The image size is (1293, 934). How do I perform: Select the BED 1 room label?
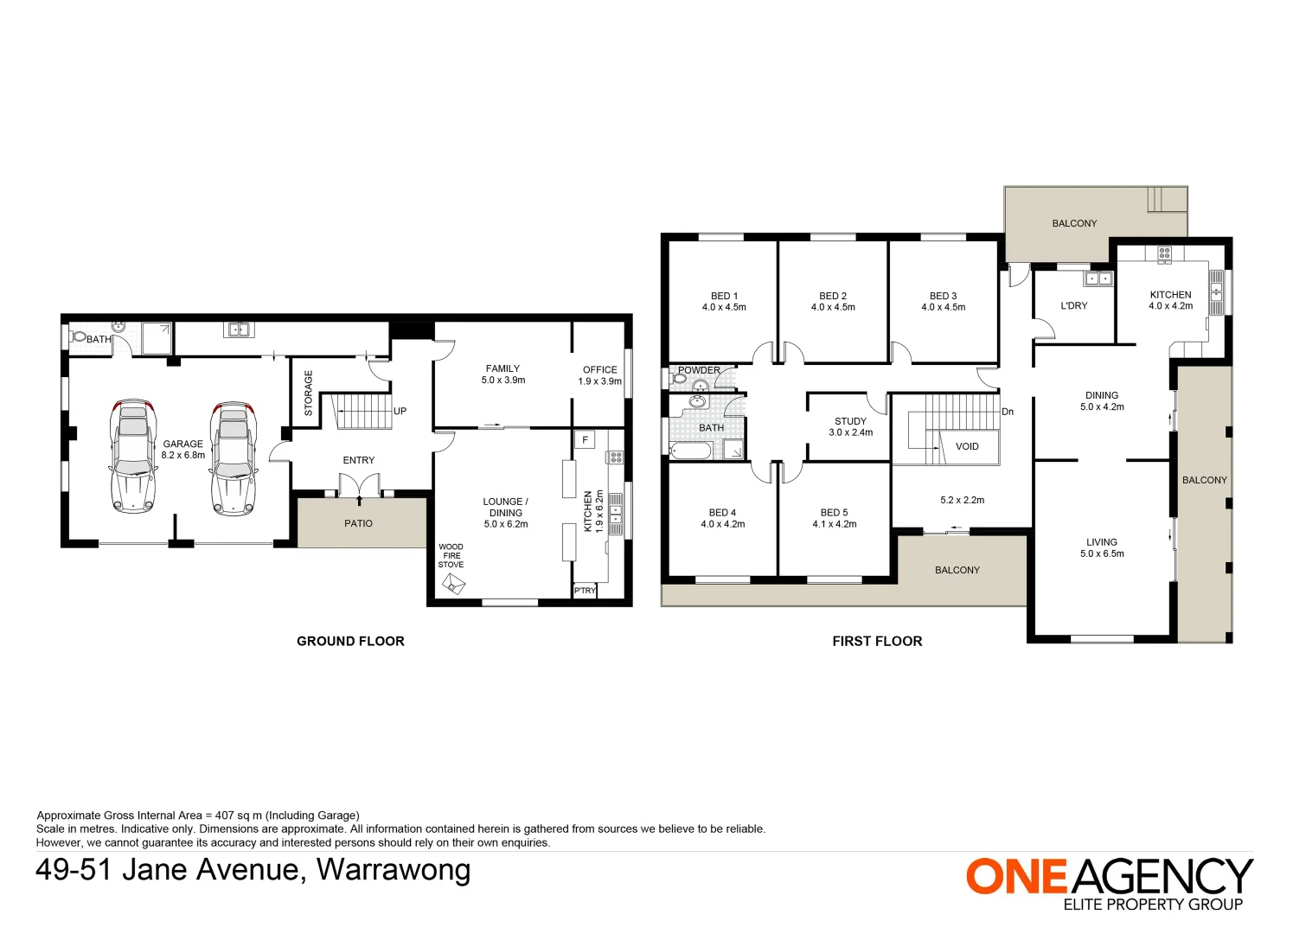pos(724,301)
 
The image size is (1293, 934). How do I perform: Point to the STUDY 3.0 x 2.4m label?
pos(850,427)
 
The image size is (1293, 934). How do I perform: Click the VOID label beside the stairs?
pos(967,446)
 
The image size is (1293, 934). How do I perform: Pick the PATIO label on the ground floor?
pos(358,523)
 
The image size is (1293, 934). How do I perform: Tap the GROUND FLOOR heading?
pos(350,641)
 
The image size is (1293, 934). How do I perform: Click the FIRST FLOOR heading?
pos(877,641)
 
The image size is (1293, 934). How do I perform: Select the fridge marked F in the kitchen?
pos(586,440)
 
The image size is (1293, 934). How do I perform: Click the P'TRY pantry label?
pos(585,591)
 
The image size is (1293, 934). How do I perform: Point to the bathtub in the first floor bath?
pos(691,450)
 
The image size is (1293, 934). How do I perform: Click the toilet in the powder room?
pos(678,378)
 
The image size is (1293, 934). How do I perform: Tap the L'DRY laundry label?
pos(1073,305)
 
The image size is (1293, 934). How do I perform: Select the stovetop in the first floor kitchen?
pos(1164,253)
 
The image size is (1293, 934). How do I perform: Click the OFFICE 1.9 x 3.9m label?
pos(599,375)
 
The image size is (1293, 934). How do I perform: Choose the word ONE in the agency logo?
pos(1017,876)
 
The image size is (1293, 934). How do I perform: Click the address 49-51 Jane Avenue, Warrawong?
pos(253,869)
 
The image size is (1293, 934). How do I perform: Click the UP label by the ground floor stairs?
pos(400,411)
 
